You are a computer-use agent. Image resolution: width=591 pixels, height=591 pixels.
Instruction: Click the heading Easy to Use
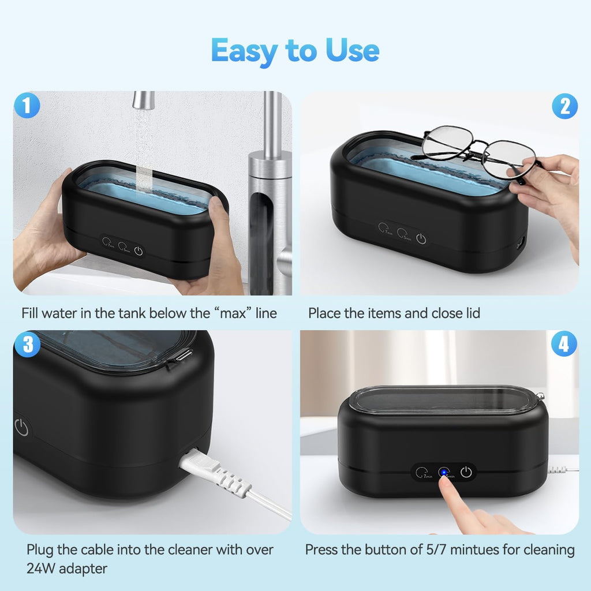point(295,50)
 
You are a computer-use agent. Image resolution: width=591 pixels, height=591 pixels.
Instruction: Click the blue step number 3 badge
point(27,345)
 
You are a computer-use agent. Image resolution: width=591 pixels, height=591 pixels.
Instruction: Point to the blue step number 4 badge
point(564,345)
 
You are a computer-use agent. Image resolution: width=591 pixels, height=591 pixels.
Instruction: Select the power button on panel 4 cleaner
point(466,473)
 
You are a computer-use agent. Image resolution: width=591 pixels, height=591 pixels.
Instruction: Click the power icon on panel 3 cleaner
point(21,428)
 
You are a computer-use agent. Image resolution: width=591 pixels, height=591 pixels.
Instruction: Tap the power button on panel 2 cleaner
point(421,238)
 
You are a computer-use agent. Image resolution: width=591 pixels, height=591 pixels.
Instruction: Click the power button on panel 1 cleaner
point(138,250)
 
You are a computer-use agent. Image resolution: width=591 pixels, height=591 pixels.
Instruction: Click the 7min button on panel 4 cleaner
point(423,473)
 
